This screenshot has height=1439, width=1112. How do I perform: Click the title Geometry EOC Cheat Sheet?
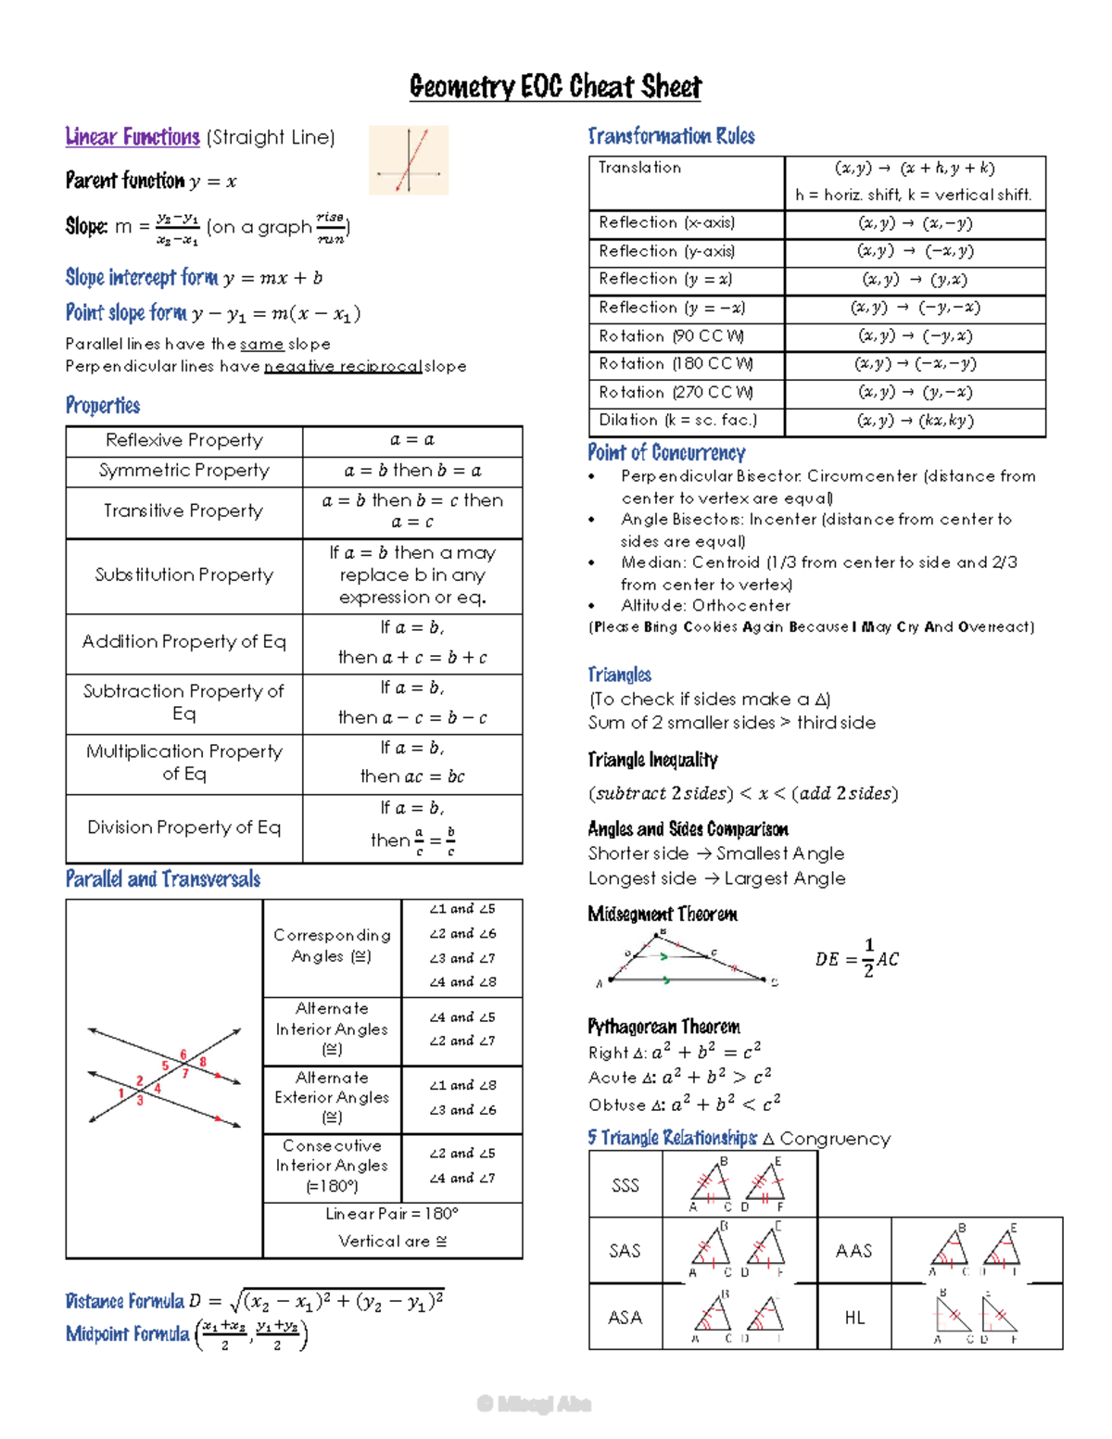[555, 87]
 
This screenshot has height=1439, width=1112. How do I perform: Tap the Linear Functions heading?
[133, 137]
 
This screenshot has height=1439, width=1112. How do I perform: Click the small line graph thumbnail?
[409, 160]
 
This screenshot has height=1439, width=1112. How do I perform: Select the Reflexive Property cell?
[184, 440]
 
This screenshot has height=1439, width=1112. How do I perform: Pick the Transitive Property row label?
[183, 511]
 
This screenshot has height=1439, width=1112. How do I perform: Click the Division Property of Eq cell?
[183, 827]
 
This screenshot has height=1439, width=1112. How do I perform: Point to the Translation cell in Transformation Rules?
[639, 168]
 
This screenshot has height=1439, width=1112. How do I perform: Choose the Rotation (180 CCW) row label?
[676, 364]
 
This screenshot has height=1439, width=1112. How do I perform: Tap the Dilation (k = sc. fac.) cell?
[677, 421]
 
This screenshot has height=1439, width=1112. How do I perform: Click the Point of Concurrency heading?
[666, 453]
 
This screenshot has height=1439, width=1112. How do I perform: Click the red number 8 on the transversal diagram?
[203, 1062]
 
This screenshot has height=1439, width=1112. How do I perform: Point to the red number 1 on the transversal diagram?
[120, 1093]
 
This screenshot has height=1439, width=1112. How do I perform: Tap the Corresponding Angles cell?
[332, 945]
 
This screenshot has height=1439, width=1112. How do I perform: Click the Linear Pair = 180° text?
[392, 1214]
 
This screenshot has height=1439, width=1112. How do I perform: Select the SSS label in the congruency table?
[625, 1185]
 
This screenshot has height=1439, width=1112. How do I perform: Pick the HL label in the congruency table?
[854, 1318]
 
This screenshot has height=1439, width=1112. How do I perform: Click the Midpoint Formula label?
[127, 1334]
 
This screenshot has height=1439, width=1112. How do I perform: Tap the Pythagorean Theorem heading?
[663, 1027]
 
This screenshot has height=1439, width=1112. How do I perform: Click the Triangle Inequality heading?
[652, 760]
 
